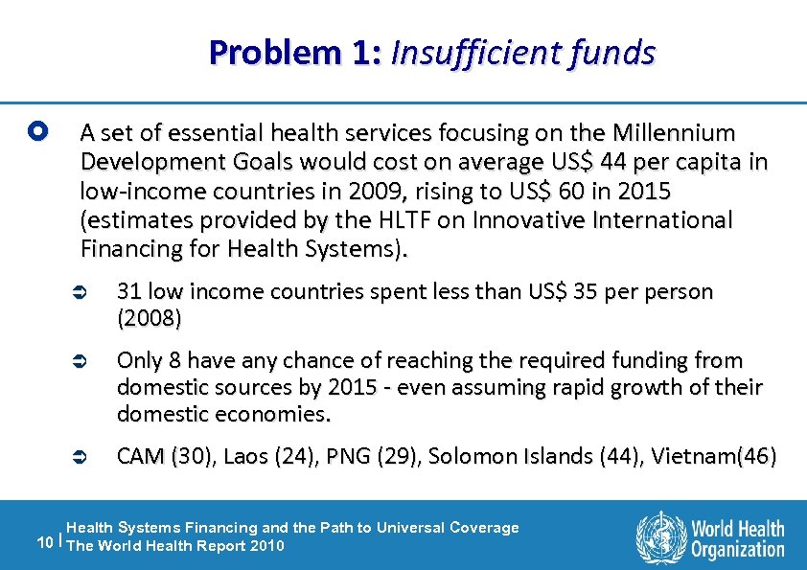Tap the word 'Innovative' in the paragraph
pyautogui.click(x=519, y=220)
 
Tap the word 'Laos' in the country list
pyautogui.click(x=245, y=456)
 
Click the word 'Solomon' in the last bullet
pyautogui.click(x=466, y=456)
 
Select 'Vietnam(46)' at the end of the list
pyautogui.click(x=716, y=456)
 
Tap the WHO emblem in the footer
pyautogui.click(x=660, y=536)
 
